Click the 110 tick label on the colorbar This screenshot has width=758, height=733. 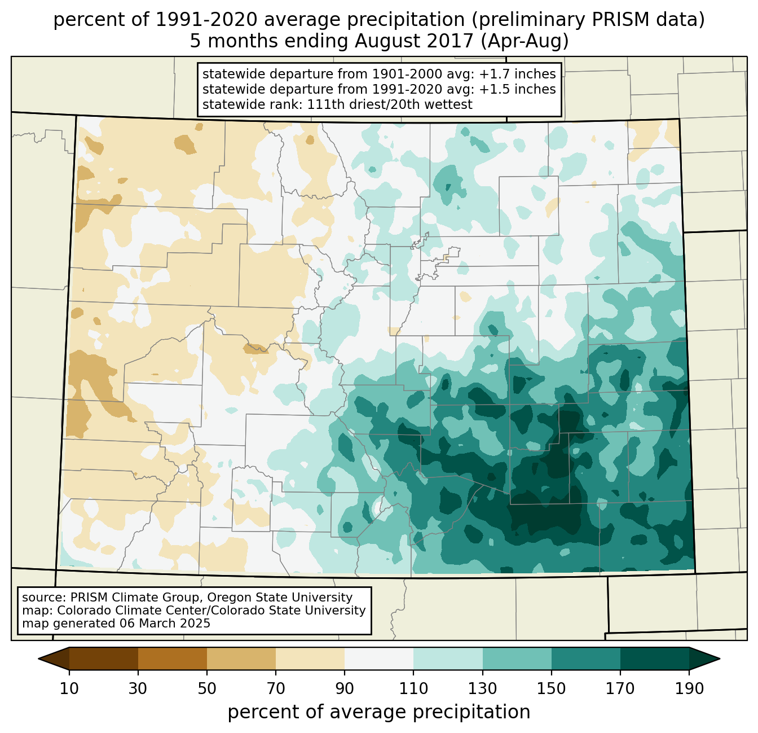pyautogui.click(x=413, y=688)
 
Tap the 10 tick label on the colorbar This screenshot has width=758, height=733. pyautogui.click(x=69, y=688)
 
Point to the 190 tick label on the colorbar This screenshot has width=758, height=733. pyautogui.click(x=689, y=688)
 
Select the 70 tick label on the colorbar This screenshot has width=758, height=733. pyautogui.click(x=276, y=688)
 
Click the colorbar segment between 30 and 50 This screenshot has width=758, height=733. pyautogui.click(x=173, y=659)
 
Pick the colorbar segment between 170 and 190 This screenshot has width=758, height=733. pyautogui.click(x=654, y=659)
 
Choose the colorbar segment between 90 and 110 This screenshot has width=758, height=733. pyautogui.click(x=379, y=659)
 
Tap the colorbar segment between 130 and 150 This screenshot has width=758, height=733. pyautogui.click(x=517, y=659)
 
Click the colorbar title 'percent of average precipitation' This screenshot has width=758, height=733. pyautogui.click(x=379, y=712)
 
